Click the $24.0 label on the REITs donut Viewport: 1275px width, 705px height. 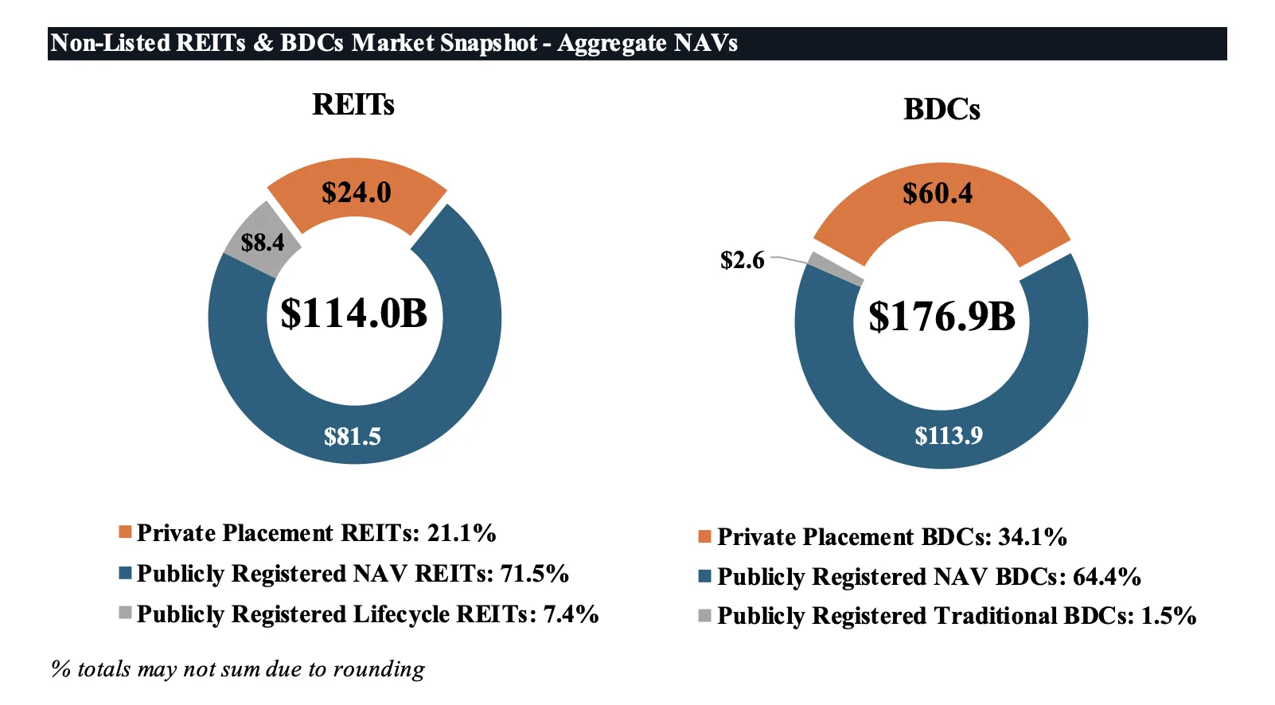tap(356, 193)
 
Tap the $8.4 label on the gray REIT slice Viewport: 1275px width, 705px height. tap(262, 242)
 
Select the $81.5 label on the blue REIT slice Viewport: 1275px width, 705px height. tap(353, 436)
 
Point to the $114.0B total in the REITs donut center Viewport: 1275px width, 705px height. tap(354, 314)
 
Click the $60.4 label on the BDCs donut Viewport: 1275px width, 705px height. tap(938, 193)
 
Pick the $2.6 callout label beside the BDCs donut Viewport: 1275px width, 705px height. tap(742, 260)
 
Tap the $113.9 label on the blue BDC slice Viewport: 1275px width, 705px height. tap(949, 435)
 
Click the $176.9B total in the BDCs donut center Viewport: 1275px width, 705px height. tap(942, 317)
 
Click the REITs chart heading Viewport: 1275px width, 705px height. tap(353, 105)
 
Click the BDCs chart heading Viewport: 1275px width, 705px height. tap(942, 110)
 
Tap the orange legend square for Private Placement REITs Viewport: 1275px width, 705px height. tap(125, 532)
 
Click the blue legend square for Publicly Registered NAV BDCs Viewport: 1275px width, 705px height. tap(704, 575)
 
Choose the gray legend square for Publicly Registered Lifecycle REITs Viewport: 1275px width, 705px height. tap(125, 613)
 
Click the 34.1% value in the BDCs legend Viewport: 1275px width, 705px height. tap(1032, 537)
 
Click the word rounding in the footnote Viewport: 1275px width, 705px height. tap(379, 669)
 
